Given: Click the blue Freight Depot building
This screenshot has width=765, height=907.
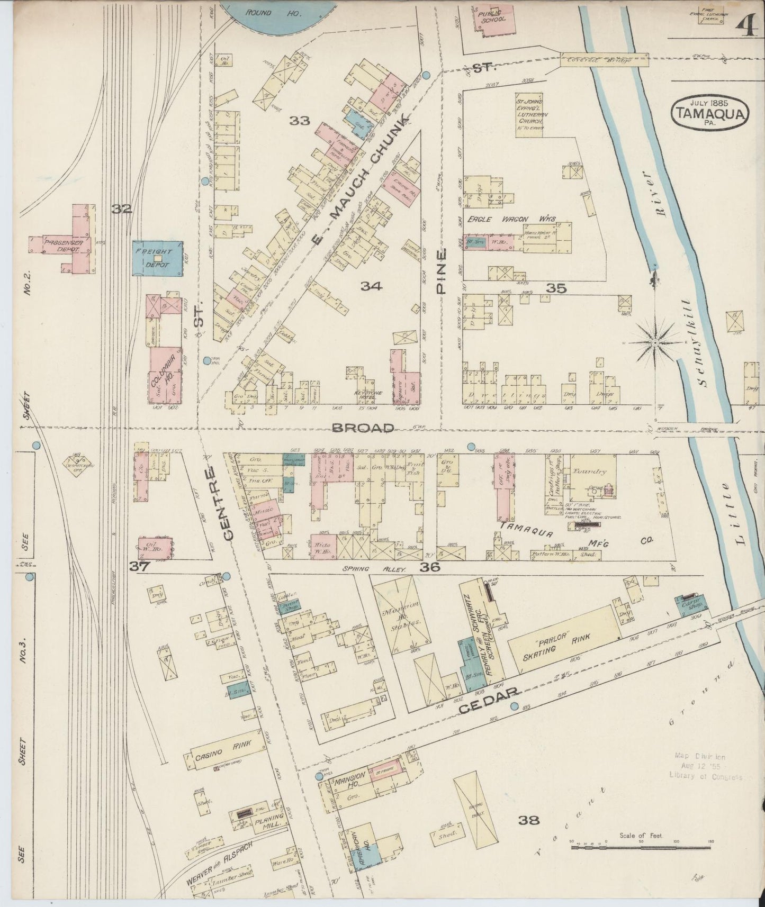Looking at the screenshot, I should [157, 258].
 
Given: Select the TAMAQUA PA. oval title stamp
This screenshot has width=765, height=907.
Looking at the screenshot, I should [710, 112].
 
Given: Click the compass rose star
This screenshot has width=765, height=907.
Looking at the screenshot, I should [655, 343].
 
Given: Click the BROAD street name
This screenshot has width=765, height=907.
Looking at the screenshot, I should [363, 428].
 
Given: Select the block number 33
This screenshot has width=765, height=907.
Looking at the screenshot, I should [299, 121].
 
